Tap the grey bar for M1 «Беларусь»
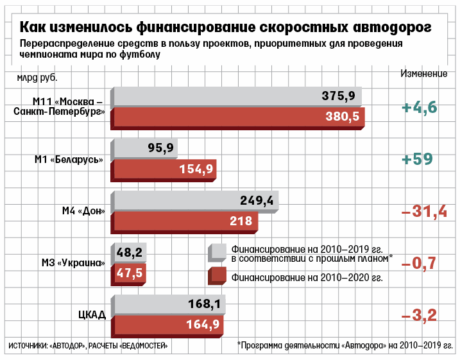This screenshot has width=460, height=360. point(145,148)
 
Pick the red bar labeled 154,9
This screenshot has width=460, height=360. point(165,169)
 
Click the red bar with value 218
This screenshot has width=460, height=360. point(186,221)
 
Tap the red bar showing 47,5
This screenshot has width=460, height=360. point(130,273)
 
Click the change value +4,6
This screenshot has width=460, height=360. point(419,107)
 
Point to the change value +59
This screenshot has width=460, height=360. point(416,159)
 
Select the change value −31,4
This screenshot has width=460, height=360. point(423,211)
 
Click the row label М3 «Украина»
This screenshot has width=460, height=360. point(72,263)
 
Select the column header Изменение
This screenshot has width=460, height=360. point(423,73)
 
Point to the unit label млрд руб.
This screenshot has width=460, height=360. point(42,78)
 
